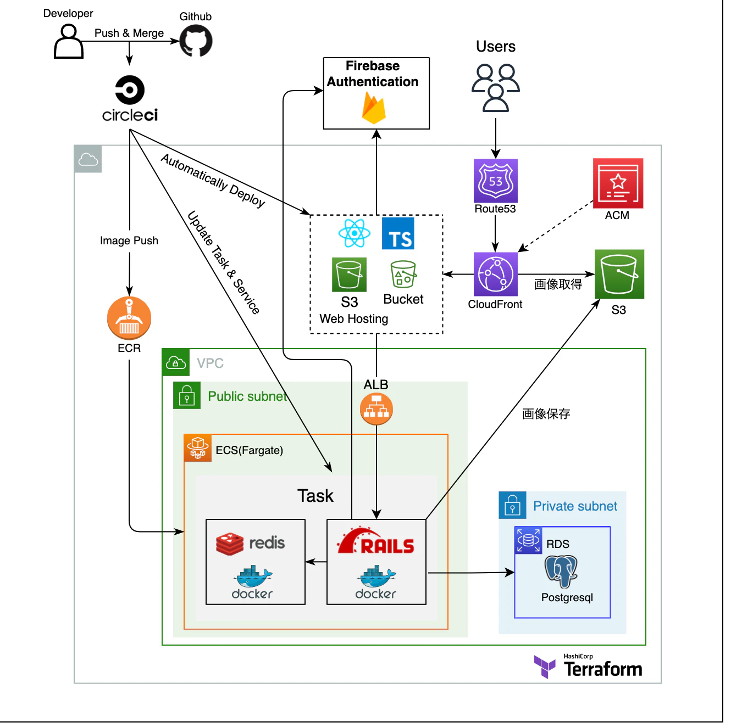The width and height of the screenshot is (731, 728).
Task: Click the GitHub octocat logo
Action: [196, 42]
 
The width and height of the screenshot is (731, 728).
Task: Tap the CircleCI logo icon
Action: [130, 90]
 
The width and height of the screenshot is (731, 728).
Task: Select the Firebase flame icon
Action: [374, 107]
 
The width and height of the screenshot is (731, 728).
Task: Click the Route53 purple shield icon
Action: [495, 181]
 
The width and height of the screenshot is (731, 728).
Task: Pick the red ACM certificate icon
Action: [618, 183]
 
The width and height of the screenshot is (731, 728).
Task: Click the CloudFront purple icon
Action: [495, 274]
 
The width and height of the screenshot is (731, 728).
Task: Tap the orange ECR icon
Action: [129, 318]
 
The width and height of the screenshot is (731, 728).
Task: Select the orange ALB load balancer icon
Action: [376, 409]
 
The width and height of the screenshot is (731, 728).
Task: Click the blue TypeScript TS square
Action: [398, 233]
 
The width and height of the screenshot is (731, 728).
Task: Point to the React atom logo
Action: [355, 233]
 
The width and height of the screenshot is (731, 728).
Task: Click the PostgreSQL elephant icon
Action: [561, 571]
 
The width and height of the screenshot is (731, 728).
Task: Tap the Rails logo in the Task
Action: [376, 542]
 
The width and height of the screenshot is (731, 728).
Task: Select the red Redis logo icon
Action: [230, 544]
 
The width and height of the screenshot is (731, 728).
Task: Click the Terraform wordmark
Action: [603, 669]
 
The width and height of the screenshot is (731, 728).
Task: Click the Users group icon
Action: [495, 87]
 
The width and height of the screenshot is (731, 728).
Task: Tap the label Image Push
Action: [129, 240]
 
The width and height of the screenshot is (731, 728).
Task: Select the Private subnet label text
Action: [575, 506]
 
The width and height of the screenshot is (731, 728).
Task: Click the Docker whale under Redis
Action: [253, 578]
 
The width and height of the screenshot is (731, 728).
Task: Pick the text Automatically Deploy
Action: [213, 180]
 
